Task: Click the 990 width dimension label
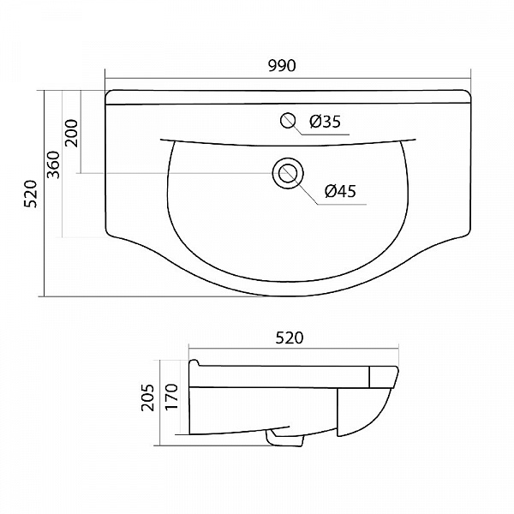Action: tap(282, 66)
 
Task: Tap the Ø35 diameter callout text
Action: tap(326, 122)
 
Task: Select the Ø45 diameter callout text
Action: tap(340, 191)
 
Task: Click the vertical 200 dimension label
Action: tap(72, 133)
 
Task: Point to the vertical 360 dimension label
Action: tap(54, 164)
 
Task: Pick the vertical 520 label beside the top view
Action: tap(32, 194)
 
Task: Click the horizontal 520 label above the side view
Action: tap(290, 338)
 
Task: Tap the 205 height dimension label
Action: tap(147, 397)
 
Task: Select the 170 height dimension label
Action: tap(171, 396)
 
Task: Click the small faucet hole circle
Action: tap(288, 120)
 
